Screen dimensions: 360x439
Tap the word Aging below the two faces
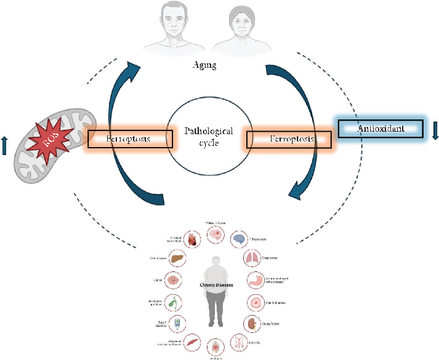click(204, 65)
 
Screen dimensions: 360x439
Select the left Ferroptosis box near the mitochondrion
click(129, 139)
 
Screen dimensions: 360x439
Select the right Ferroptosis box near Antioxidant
click(289, 140)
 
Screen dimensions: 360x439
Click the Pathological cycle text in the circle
click(209, 137)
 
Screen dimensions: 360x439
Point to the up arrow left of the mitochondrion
click(6, 146)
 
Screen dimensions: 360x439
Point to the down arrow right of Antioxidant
click(435, 129)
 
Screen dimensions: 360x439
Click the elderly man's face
click(173, 22)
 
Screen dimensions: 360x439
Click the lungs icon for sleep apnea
click(252, 258)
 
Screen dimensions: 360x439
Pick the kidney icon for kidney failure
click(252, 322)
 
